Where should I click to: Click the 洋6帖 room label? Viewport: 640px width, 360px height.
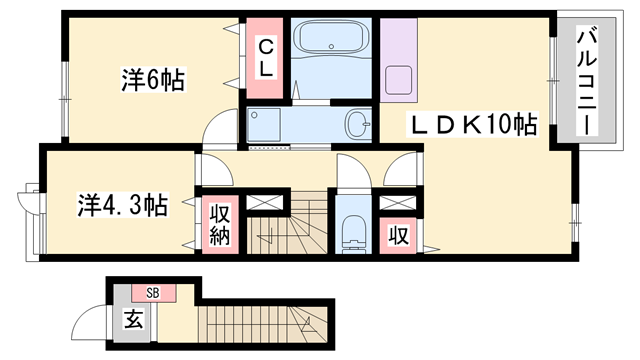coord(152,81)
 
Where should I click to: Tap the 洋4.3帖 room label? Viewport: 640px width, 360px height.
coord(123,206)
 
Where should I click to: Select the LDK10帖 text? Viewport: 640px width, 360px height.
coord(471,126)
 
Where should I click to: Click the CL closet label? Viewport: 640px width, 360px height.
coord(266,58)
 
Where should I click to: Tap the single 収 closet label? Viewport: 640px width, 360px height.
coord(397,236)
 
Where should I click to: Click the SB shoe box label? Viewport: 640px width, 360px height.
coord(153,293)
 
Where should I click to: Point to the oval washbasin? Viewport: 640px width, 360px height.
coord(357,125)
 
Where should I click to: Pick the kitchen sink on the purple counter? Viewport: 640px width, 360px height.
coord(397,80)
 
